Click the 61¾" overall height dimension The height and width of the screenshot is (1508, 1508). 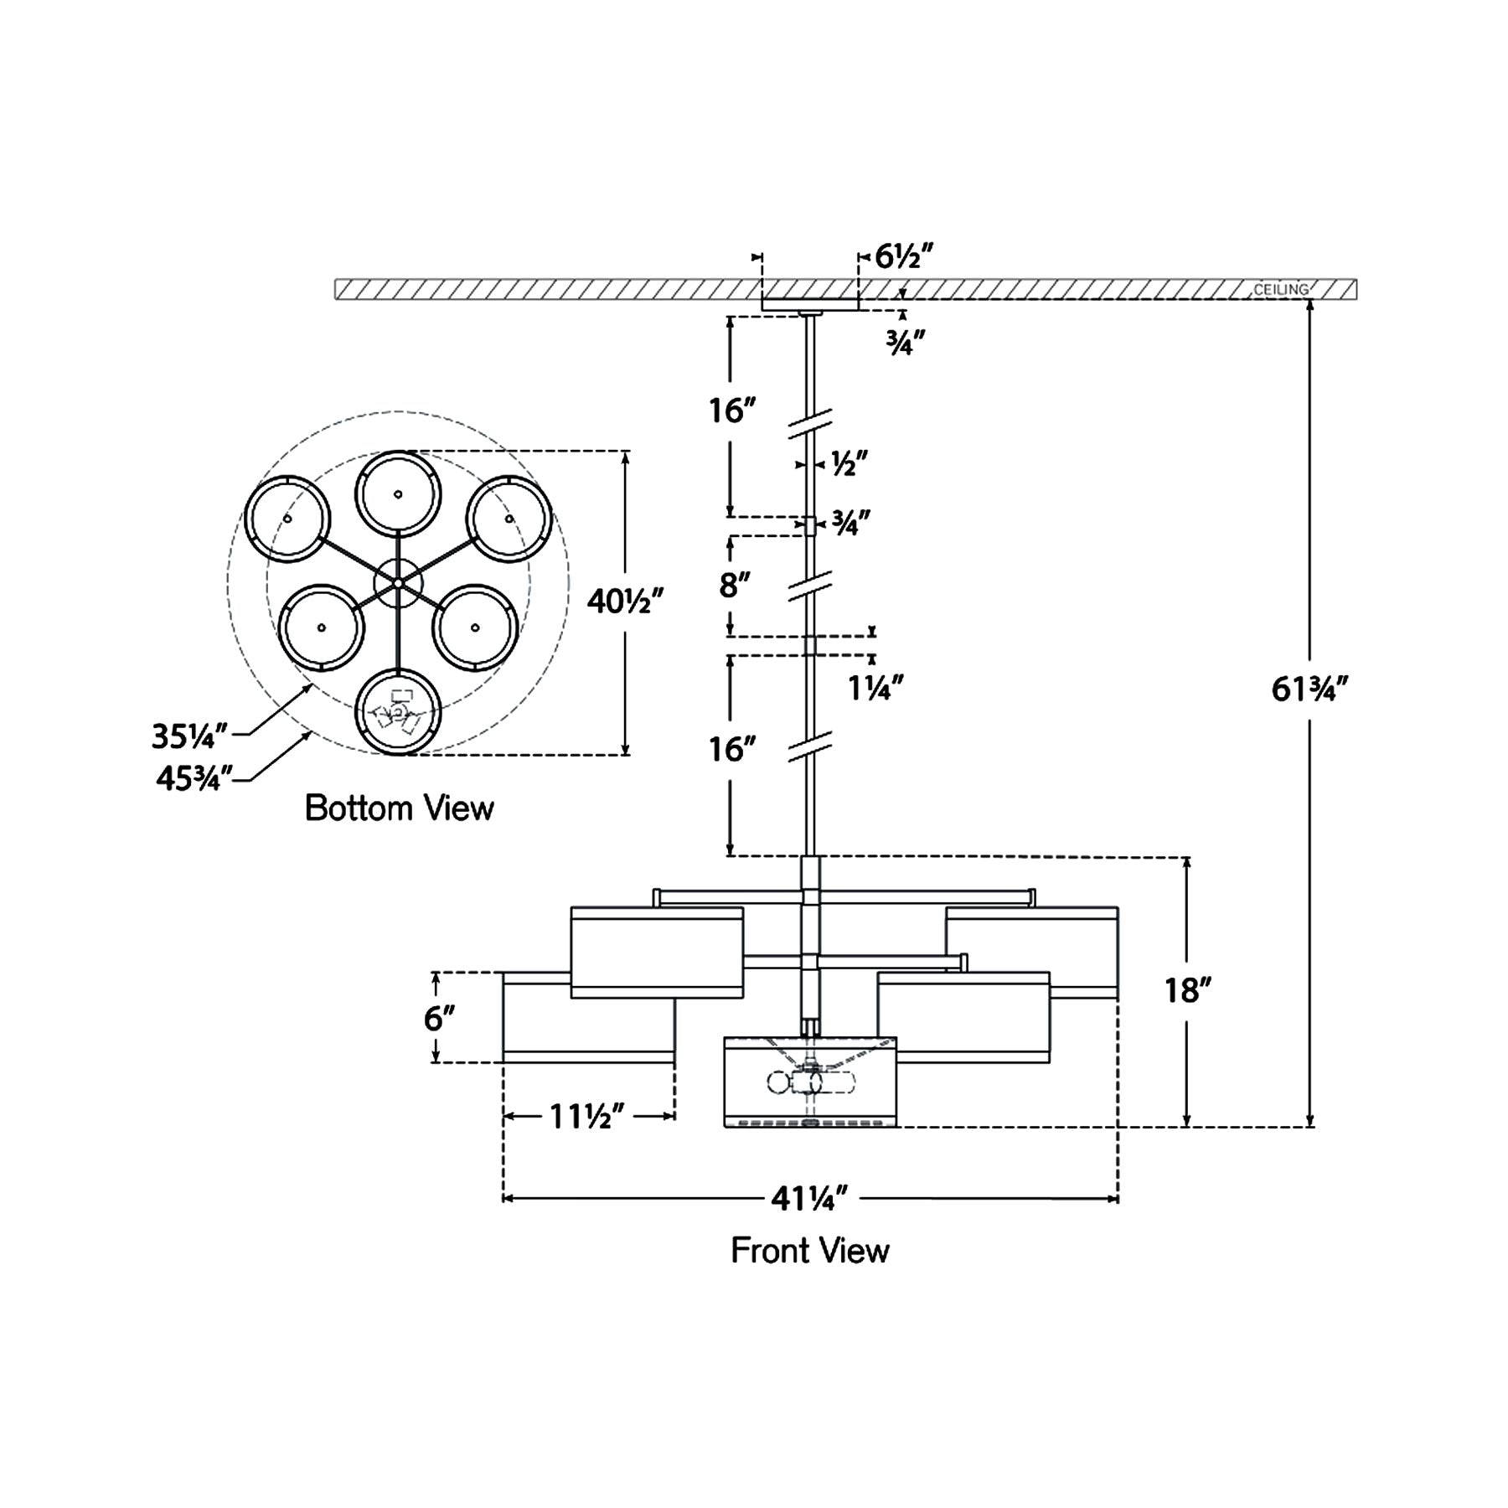coord(1309,690)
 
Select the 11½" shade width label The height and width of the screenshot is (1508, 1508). coord(587,1116)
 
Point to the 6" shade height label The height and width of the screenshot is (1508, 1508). coord(439,1019)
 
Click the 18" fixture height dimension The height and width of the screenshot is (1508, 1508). coord(1188,991)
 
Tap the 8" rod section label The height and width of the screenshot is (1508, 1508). coord(733,586)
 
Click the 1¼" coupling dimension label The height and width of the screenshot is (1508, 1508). coord(875,688)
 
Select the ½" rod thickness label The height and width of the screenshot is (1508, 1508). coord(848,463)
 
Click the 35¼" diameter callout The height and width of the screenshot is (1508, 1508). coord(189,737)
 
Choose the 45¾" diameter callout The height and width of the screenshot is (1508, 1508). coord(193,778)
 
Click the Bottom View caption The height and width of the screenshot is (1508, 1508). coord(399,808)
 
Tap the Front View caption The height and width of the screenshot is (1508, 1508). coord(809,1251)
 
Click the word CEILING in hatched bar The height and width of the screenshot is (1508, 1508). coord(1280,290)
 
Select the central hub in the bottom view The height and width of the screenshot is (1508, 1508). coord(398,581)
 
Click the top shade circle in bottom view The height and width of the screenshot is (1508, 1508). coord(398,493)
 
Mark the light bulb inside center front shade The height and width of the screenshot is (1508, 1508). coord(779,1082)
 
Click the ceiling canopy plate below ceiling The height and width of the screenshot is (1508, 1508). coord(809,305)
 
